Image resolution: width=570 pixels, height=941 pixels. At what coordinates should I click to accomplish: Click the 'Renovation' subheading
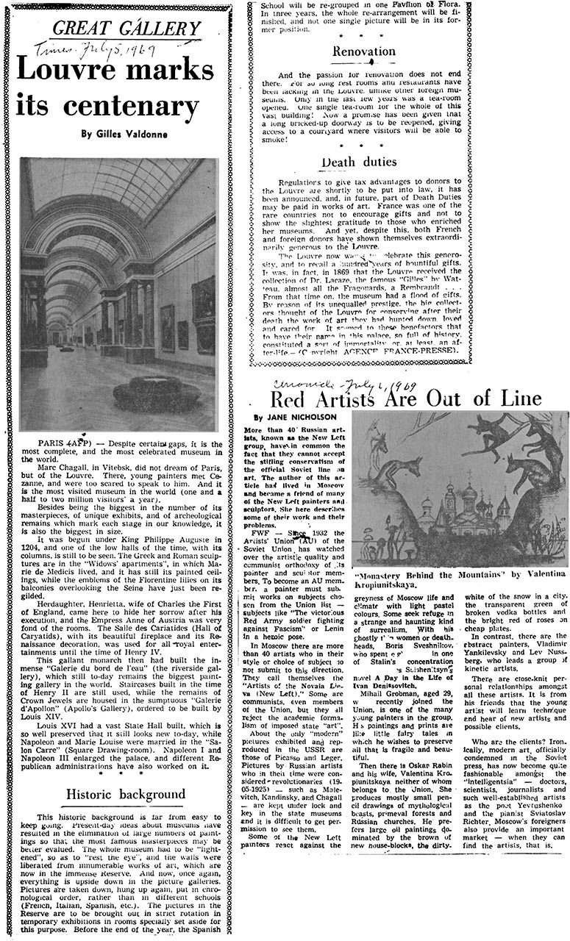click(363, 51)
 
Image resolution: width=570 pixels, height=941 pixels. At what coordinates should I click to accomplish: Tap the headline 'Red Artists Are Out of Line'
click(406, 398)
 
